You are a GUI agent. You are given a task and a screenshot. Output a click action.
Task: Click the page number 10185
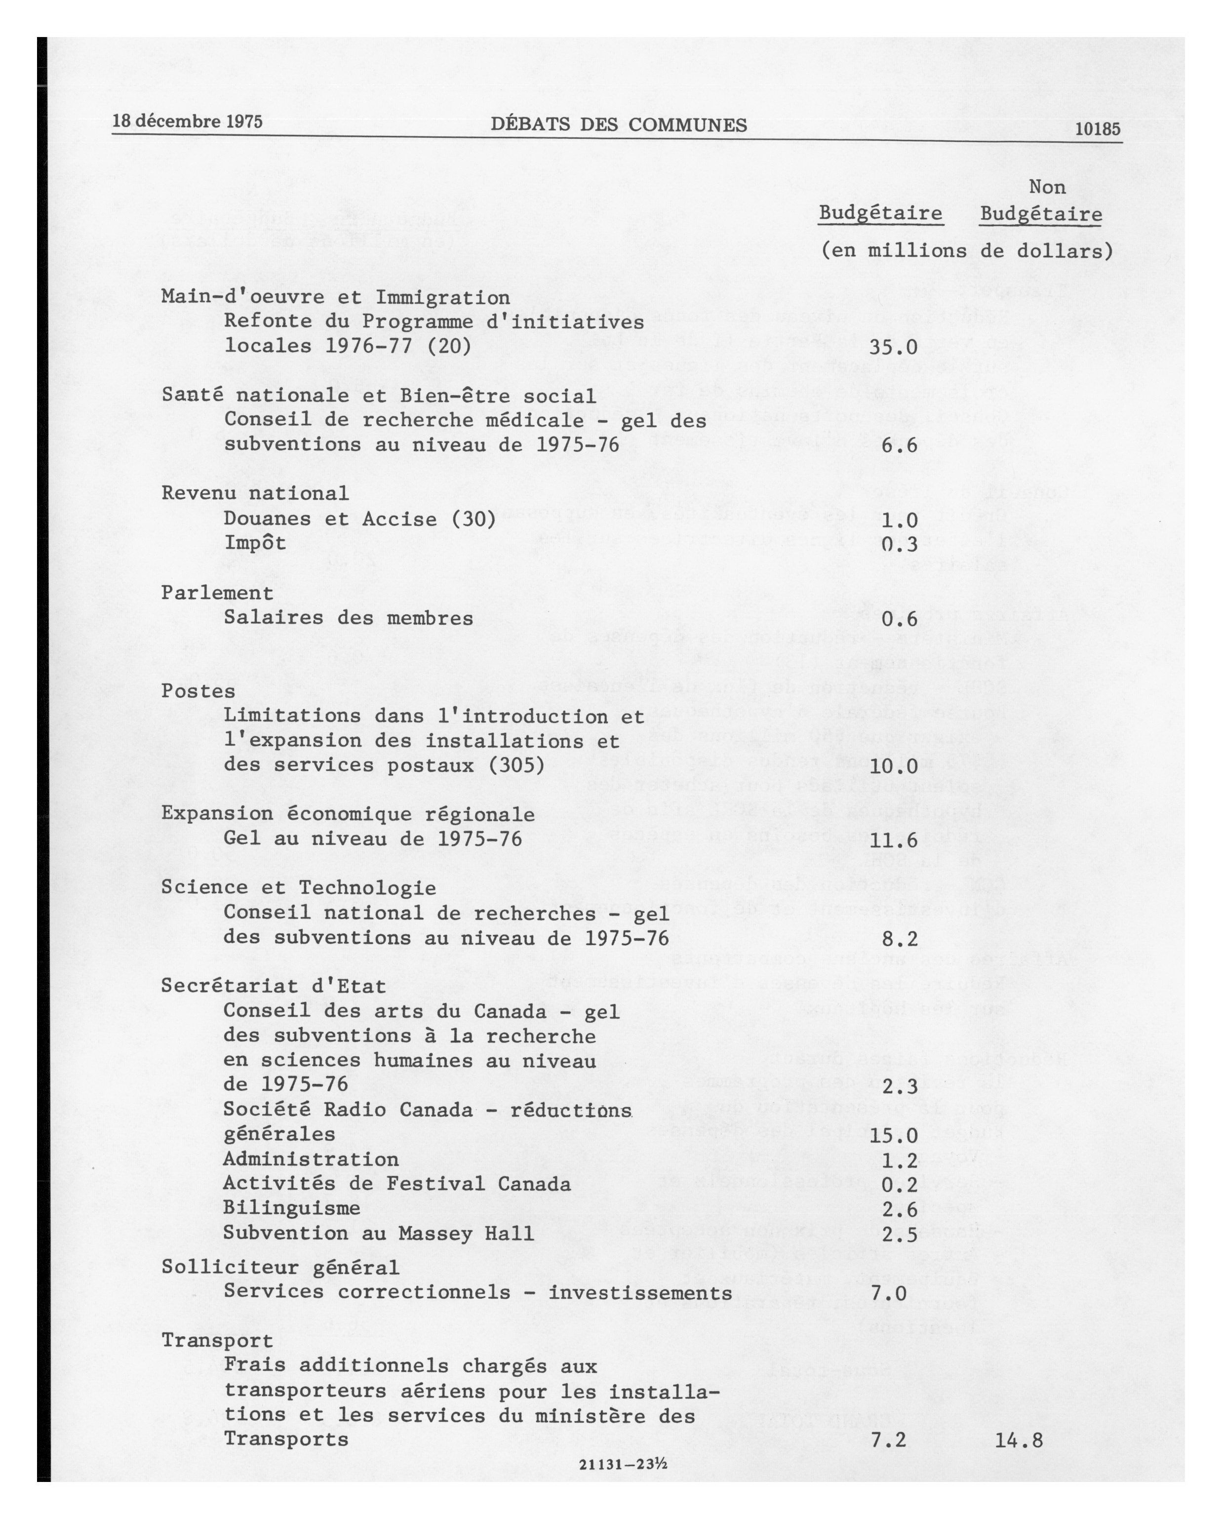(x=1098, y=129)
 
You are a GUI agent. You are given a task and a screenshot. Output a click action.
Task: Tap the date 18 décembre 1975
(x=187, y=121)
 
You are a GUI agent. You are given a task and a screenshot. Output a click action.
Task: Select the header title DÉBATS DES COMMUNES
(x=618, y=125)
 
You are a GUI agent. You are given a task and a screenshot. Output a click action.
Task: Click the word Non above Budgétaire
(x=1047, y=188)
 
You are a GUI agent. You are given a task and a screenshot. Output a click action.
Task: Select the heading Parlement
(x=217, y=593)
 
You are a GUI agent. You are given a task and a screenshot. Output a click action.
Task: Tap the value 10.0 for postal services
(x=893, y=766)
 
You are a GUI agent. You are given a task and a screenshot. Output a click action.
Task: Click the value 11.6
(x=893, y=840)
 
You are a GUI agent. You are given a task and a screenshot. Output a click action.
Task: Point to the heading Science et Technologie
(x=299, y=888)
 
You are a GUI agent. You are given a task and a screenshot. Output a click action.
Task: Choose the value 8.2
(x=900, y=938)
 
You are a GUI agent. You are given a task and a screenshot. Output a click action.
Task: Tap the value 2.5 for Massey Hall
(x=900, y=1233)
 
